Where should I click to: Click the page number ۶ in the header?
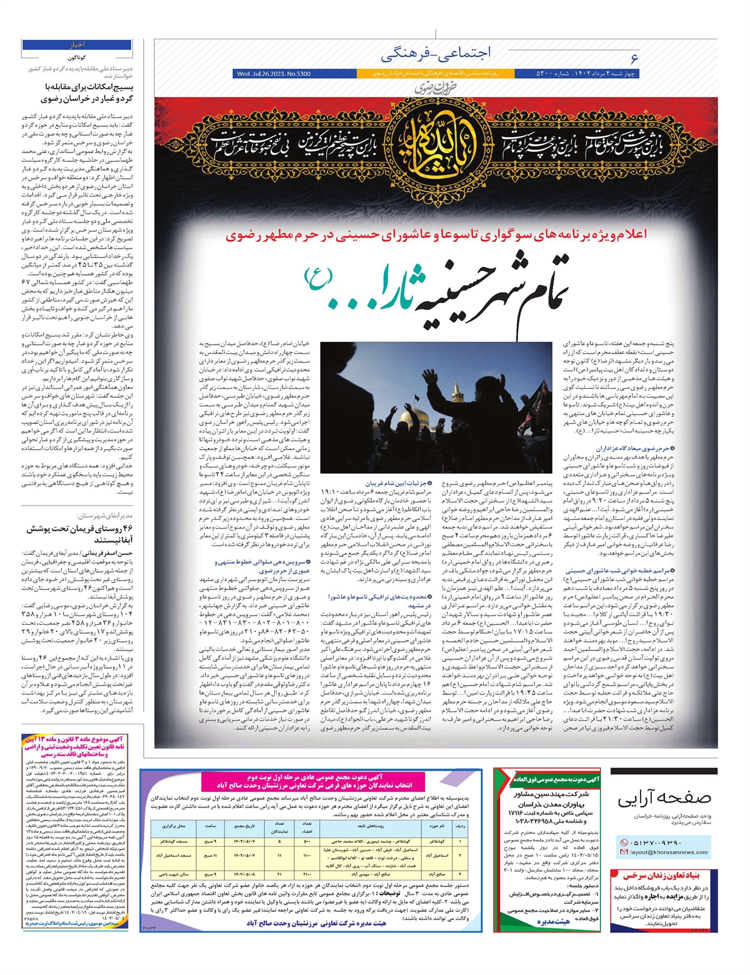point(634,59)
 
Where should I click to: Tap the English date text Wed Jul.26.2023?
point(274,74)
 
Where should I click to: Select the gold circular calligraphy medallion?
point(437,145)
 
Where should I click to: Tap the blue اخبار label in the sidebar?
point(77,45)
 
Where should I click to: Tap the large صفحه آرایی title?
point(664,799)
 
